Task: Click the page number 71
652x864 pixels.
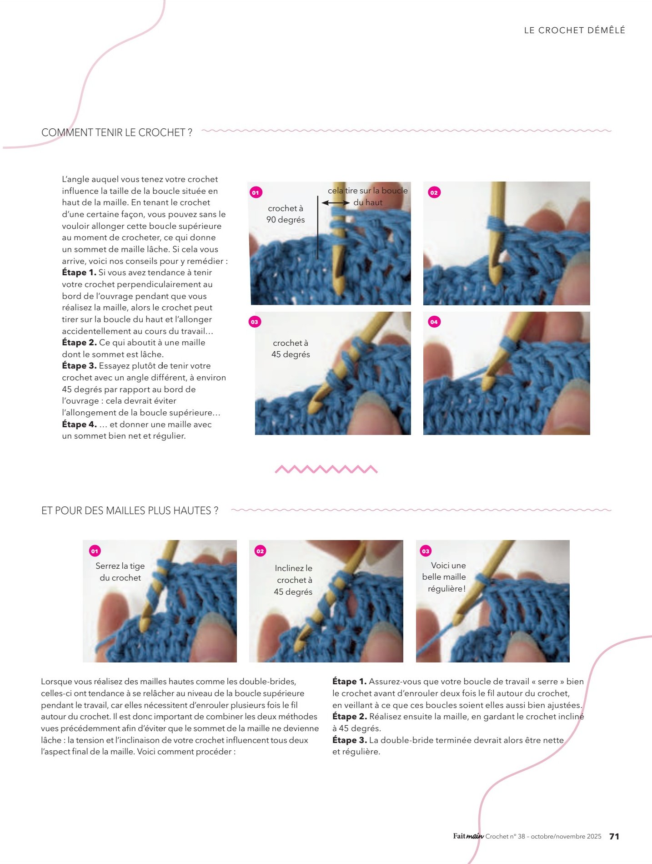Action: click(x=614, y=836)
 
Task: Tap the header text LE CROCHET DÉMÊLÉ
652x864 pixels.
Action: click(x=575, y=30)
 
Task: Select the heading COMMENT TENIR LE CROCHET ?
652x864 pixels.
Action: click(x=117, y=132)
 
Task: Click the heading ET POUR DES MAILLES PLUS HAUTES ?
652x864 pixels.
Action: click(x=130, y=510)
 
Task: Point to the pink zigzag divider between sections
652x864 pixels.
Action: click(x=326, y=469)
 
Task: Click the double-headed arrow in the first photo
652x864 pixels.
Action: click(x=336, y=202)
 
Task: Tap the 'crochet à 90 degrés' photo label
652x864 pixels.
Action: click(x=286, y=214)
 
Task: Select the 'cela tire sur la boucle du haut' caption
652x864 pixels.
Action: click(x=368, y=197)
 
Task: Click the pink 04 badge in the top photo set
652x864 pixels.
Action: click(x=434, y=322)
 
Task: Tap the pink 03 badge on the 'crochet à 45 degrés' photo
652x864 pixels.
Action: click(x=254, y=322)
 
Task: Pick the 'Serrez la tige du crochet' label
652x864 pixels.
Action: click(x=120, y=572)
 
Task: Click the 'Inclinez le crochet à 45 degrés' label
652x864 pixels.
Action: click(x=293, y=580)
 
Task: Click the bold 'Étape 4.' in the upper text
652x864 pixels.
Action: click(x=79, y=424)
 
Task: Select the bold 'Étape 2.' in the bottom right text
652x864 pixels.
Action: click(x=349, y=717)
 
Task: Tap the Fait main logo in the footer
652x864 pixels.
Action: click(x=468, y=836)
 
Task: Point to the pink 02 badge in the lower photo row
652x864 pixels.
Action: click(x=260, y=551)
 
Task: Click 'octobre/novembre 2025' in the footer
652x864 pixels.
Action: click(x=566, y=837)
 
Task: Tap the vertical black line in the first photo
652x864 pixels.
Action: click(x=317, y=227)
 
